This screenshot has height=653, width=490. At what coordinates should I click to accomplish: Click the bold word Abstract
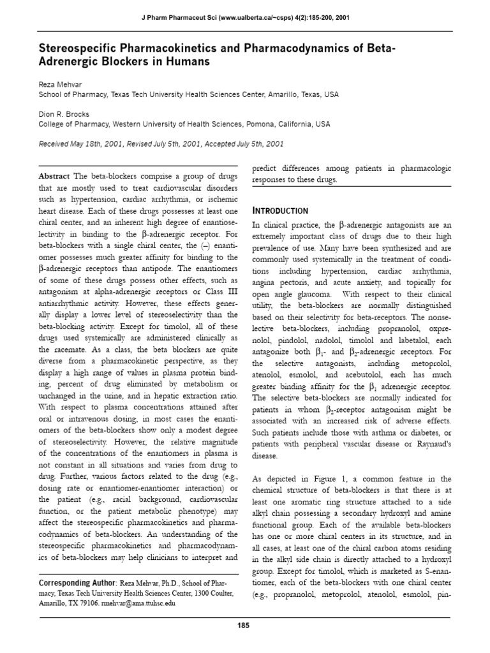[55, 176]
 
